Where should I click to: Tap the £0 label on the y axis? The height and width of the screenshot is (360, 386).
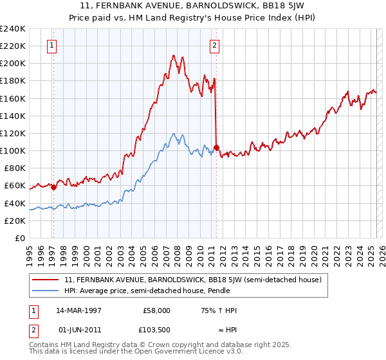click(21, 238)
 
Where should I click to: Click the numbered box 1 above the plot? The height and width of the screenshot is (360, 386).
click(51, 45)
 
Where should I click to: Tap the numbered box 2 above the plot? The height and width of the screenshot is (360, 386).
click(214, 45)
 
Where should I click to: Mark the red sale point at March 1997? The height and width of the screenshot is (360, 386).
click(53, 188)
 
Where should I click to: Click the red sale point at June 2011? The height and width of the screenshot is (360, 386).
click(216, 147)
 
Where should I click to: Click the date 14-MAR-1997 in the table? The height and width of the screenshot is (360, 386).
click(78, 310)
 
